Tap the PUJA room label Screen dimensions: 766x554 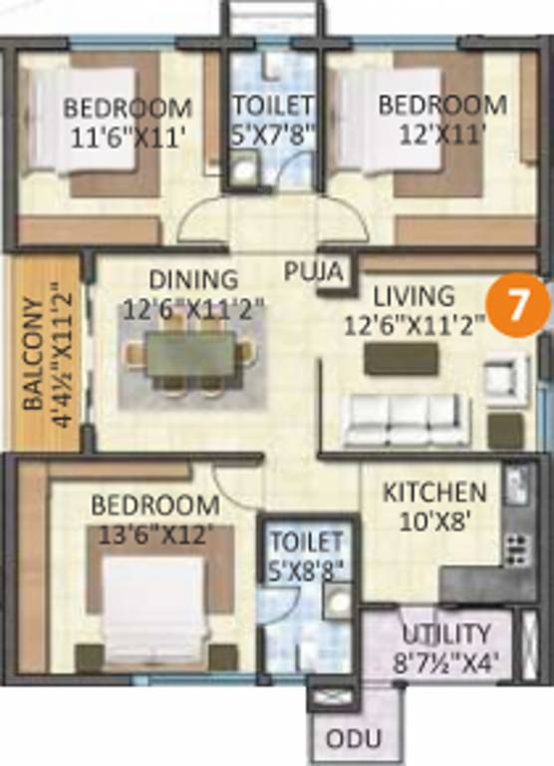point(315,270)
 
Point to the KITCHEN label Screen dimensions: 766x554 point(435,492)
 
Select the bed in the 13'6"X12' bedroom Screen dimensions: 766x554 point(153,602)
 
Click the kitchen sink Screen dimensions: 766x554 point(515,488)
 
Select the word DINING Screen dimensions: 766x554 point(193,278)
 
